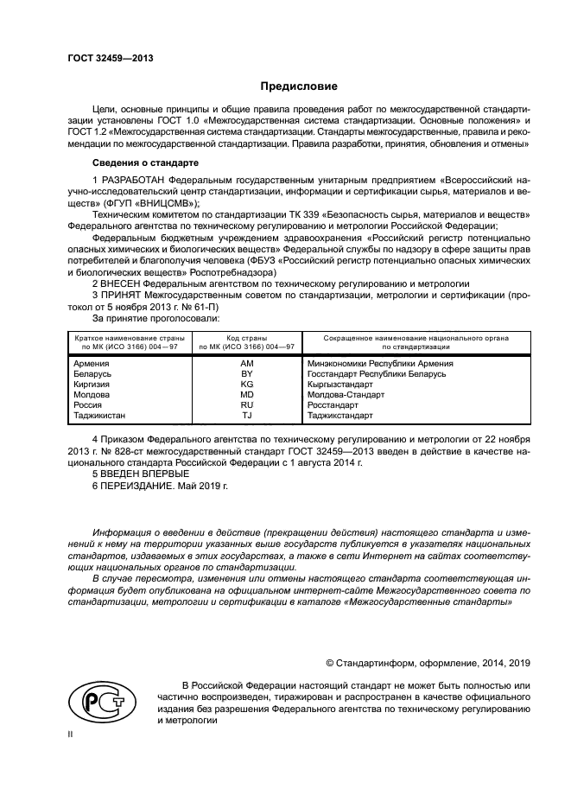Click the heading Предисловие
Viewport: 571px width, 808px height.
299,86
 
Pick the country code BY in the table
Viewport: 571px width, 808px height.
246,374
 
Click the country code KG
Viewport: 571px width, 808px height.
246,384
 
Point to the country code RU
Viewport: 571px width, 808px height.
246,404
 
